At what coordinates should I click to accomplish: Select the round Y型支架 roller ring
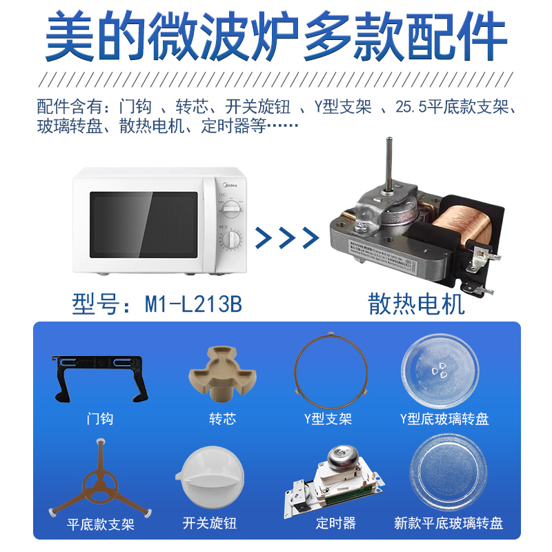tap(328, 373)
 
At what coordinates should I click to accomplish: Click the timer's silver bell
tap(339, 457)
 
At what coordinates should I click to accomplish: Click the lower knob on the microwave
tap(233, 240)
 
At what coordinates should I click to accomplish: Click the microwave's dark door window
tap(144, 224)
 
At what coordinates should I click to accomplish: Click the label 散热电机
tap(417, 304)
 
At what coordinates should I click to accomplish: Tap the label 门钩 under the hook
tap(100, 419)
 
